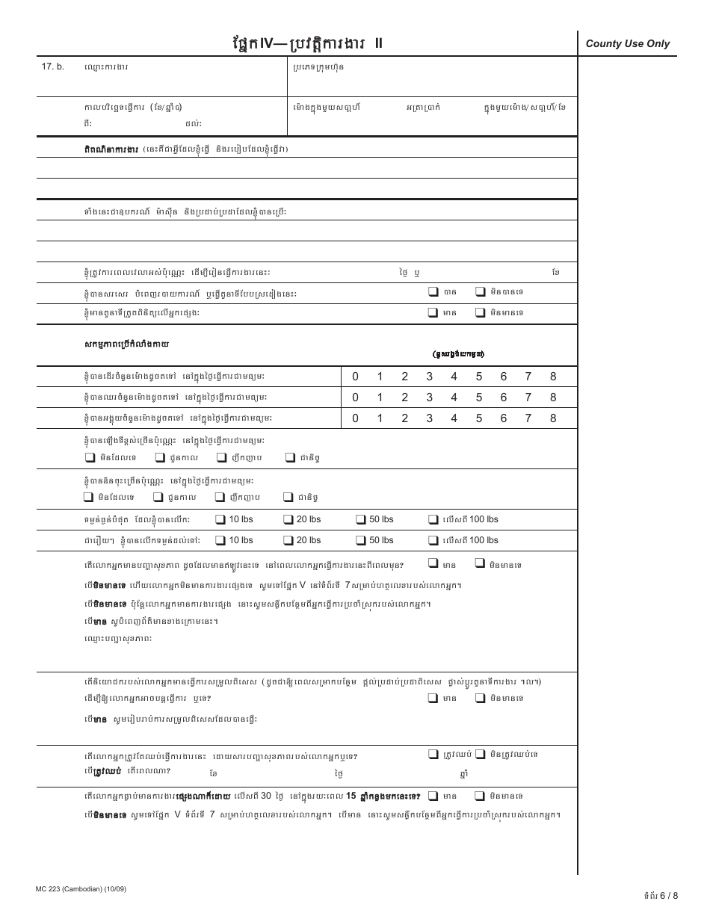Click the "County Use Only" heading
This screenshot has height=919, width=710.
(x=627, y=44)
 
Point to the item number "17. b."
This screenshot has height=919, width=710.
(x=53, y=67)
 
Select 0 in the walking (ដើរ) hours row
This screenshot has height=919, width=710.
(x=355, y=377)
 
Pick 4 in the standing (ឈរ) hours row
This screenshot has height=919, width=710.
(x=454, y=397)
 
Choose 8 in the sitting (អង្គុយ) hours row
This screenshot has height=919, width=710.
(x=553, y=418)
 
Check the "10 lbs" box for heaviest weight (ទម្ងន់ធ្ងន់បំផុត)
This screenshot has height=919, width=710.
(x=220, y=519)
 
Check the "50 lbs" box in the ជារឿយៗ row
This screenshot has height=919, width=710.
(x=361, y=540)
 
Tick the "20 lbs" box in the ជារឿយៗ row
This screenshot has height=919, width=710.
(x=288, y=540)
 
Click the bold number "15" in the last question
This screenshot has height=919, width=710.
(x=351, y=796)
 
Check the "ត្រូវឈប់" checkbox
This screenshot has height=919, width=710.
(x=433, y=755)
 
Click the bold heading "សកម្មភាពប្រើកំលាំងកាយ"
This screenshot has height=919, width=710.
(x=126, y=345)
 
